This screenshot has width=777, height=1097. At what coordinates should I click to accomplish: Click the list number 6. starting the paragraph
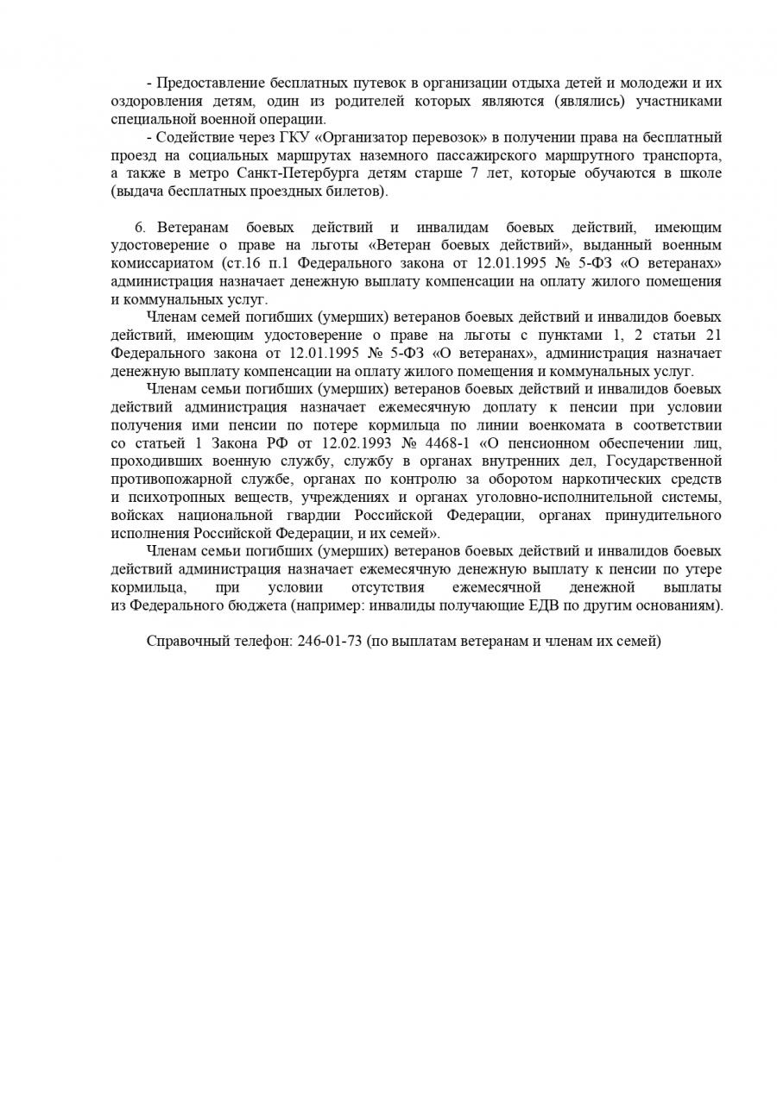[x=140, y=228]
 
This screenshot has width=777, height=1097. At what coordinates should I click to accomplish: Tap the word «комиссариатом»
[x=161, y=263]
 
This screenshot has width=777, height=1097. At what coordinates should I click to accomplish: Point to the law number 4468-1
[x=446, y=443]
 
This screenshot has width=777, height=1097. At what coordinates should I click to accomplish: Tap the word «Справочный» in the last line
[x=186, y=642]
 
